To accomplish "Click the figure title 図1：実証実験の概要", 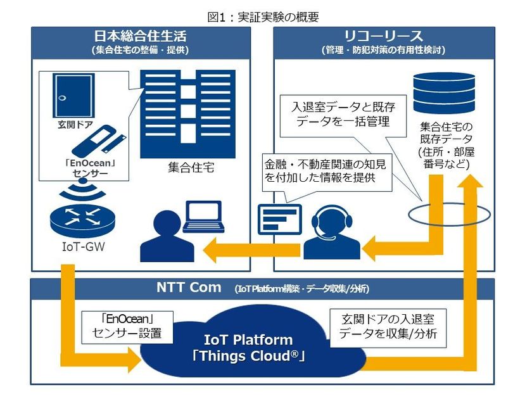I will pyautogui.click(x=265, y=17).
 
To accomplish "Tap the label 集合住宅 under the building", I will pyautogui.click(x=190, y=168).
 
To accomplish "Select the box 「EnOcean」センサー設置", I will pyautogui.click(x=120, y=325).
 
